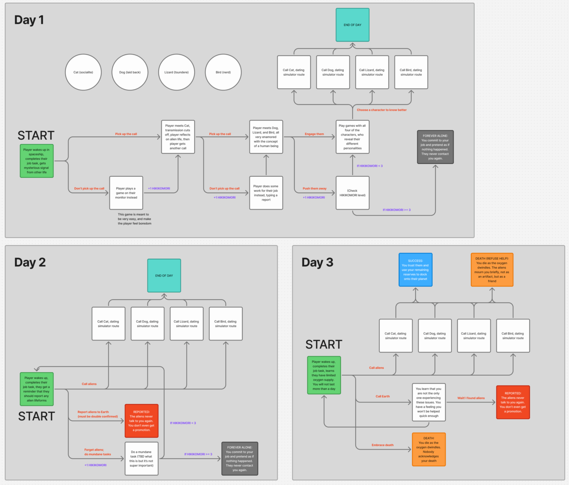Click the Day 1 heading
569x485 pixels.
coord(29,20)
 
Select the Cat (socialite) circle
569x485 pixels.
coord(83,72)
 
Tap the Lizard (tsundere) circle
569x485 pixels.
coord(176,72)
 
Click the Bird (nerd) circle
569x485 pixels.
coord(223,72)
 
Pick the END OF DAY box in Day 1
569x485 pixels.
coord(352,25)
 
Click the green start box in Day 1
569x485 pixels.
coord(37,161)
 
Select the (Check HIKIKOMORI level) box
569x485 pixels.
coord(352,193)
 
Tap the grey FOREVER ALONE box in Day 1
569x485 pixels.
coord(435,147)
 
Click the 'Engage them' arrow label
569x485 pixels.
coord(314,134)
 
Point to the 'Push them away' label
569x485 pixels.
coord(315,189)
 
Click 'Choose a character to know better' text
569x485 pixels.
coord(382,110)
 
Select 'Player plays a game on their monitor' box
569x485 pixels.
coord(126,193)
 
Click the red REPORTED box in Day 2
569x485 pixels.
coord(142,421)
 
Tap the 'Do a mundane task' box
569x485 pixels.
coord(142,459)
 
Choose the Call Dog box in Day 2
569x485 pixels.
coord(147,323)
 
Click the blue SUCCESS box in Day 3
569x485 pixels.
coord(415,270)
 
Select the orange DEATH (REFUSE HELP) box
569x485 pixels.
coord(492,270)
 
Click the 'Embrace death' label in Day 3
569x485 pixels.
coord(383,445)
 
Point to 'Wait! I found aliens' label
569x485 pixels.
coord(471,398)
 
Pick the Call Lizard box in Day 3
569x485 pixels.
coord(474,336)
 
